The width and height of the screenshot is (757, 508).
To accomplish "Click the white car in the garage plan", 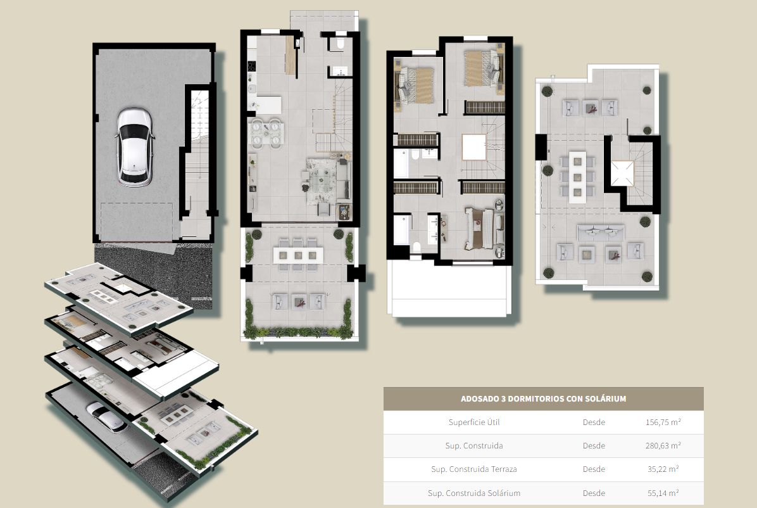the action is [135, 147].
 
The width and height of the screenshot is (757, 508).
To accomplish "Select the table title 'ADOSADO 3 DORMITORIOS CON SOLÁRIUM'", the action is [543, 399].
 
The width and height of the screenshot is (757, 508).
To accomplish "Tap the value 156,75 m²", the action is [663, 422].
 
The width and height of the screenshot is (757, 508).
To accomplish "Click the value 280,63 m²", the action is [663, 446].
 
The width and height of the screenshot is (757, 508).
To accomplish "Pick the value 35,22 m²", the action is [663, 469].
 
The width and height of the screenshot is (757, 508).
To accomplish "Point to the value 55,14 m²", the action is [663, 493].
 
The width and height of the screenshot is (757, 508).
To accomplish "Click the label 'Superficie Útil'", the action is [474, 422].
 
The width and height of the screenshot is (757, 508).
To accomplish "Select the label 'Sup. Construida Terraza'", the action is [474, 469].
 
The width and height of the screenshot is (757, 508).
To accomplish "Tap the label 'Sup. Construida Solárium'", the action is [474, 493].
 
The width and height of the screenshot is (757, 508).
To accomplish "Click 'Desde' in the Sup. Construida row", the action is [594, 446].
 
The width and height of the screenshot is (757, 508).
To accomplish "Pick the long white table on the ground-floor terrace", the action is [298, 255].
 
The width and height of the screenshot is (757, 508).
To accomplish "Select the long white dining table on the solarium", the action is [577, 177].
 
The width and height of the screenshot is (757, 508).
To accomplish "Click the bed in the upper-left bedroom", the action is [416, 85].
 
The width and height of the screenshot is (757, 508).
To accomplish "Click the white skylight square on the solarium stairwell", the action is [622, 174].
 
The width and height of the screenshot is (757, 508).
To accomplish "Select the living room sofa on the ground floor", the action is [342, 181].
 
